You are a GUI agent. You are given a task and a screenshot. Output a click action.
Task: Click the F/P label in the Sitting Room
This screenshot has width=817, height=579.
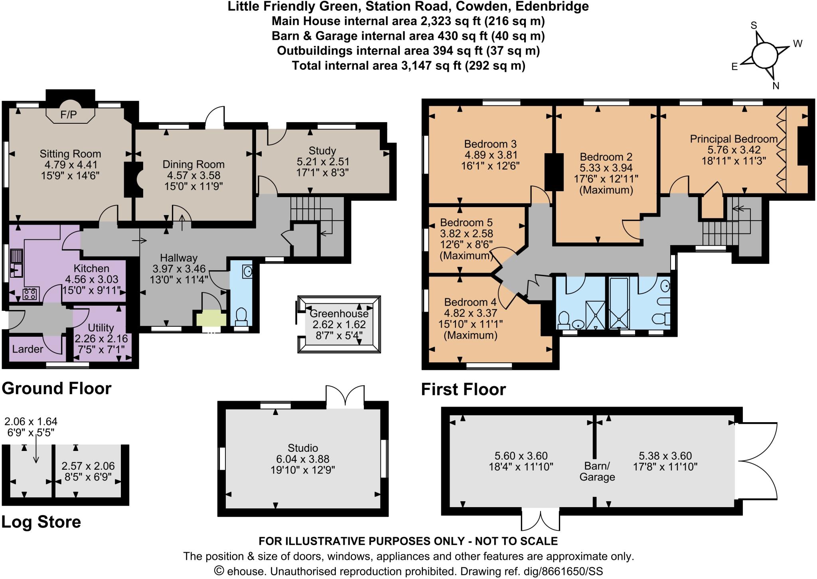tap(68, 115)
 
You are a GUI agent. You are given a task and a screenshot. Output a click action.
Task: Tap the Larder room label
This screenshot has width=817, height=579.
tap(28, 349)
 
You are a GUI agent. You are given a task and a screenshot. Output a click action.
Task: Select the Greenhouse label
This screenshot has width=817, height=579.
tap(339, 314)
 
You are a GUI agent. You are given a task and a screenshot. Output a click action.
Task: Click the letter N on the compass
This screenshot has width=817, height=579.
tap(776, 86)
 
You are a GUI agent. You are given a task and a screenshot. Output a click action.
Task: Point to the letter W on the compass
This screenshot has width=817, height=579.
tap(797, 43)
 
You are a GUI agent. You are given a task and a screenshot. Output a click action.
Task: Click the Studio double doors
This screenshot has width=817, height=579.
tap(345, 396)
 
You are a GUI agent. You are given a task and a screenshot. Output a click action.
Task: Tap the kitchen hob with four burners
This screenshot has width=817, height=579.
tap(30, 294)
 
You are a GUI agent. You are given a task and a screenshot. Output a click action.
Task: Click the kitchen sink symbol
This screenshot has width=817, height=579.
tap(16, 263)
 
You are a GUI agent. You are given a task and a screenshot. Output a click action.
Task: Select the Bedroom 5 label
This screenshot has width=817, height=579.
tap(466, 222)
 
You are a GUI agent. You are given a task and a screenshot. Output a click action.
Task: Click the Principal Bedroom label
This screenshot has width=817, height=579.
tap(734, 139)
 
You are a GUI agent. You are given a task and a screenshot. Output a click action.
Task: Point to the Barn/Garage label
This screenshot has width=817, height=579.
tap(597, 471)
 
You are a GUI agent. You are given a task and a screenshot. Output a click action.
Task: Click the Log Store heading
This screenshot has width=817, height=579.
tap(41, 522)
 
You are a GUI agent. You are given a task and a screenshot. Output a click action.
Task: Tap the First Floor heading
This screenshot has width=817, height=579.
tap(463, 389)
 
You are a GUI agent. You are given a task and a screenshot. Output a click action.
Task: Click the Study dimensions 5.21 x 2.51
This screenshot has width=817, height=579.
tap(323, 162)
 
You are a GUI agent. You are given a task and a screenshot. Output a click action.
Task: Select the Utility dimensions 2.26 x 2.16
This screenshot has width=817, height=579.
tap(101, 339)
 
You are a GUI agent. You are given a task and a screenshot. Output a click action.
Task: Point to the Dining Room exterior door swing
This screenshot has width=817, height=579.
tap(215, 117)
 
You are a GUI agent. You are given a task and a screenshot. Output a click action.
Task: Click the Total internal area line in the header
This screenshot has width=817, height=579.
tap(408, 65)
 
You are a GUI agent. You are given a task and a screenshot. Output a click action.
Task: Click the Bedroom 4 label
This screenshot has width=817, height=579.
tap(470, 302)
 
